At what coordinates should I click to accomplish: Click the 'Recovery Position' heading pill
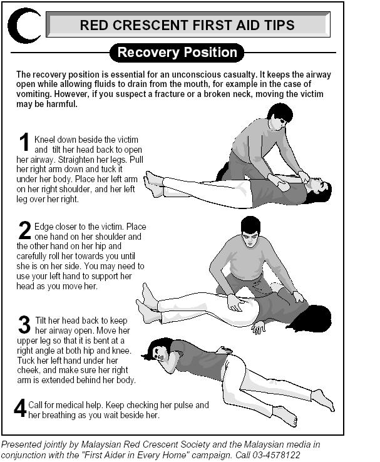pyautogui.click(x=177, y=53)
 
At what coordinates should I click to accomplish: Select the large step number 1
pyautogui.click(x=24, y=141)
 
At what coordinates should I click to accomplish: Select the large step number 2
pyautogui.click(x=24, y=230)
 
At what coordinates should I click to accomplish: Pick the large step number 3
pyautogui.click(x=24, y=324)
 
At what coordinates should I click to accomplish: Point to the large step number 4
pyautogui.click(x=20, y=408)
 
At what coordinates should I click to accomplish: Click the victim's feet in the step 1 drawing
pyautogui.click(x=153, y=184)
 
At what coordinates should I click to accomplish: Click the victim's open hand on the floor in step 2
pyautogui.click(x=259, y=327)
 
